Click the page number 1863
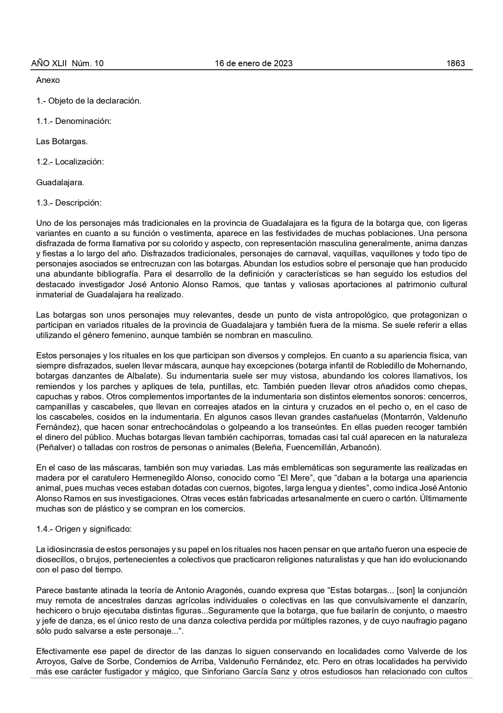(x=455, y=63)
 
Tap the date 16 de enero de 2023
(x=254, y=63)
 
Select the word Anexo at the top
(x=48, y=80)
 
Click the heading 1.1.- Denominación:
(x=73, y=121)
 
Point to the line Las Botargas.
(x=62, y=141)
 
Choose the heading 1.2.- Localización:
(x=70, y=162)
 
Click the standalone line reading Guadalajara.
(x=60, y=182)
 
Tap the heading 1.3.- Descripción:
(x=69, y=203)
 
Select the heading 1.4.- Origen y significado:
(x=84, y=529)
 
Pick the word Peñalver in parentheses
(x=53, y=448)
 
